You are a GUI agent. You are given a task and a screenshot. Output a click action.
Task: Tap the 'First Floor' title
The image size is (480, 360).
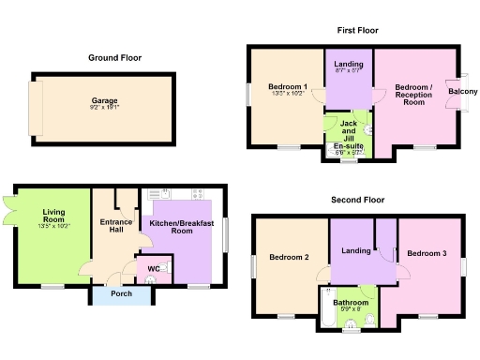pos(357,30)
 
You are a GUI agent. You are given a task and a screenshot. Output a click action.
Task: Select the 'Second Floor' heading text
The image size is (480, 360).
pos(358,200)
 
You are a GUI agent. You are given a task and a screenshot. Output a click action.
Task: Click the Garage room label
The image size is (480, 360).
pos(104,99)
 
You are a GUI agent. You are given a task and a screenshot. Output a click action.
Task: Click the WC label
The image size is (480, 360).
pos(154,268)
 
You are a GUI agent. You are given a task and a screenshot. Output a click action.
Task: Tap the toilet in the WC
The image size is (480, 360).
pos(163,268)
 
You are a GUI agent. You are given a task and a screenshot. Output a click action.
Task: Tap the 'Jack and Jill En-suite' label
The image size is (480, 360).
pos(348,135)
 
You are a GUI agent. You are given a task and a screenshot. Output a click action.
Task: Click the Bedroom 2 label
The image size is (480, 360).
pos(290,257)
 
